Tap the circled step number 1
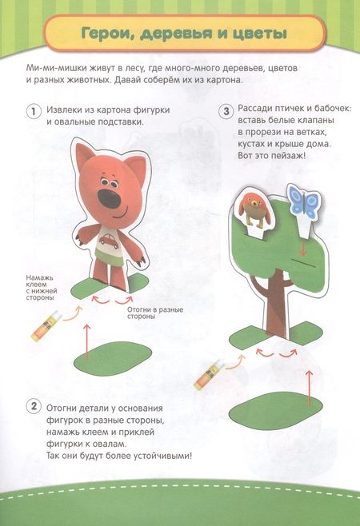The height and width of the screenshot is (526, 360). pyautogui.click(x=34, y=111)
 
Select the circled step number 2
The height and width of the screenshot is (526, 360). pyautogui.click(x=34, y=407)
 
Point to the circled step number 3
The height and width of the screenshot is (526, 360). pyautogui.click(x=226, y=111)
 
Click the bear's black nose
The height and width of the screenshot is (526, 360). pyautogui.click(x=109, y=198)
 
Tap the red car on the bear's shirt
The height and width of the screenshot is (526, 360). pyautogui.click(x=107, y=240)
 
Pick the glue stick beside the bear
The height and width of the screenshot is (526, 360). pyautogui.click(x=46, y=325)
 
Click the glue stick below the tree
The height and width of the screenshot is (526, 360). pyautogui.click(x=210, y=374)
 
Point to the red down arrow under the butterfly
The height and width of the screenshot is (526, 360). pyautogui.click(x=303, y=249)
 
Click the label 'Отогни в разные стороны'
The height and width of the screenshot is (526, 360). pyautogui.click(x=155, y=313)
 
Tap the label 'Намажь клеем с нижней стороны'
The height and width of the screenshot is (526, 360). pyautogui.click(x=42, y=288)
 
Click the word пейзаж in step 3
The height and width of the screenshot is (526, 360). pyautogui.click(x=287, y=156)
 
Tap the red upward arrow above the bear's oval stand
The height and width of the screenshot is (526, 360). pyautogui.click(x=86, y=341)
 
